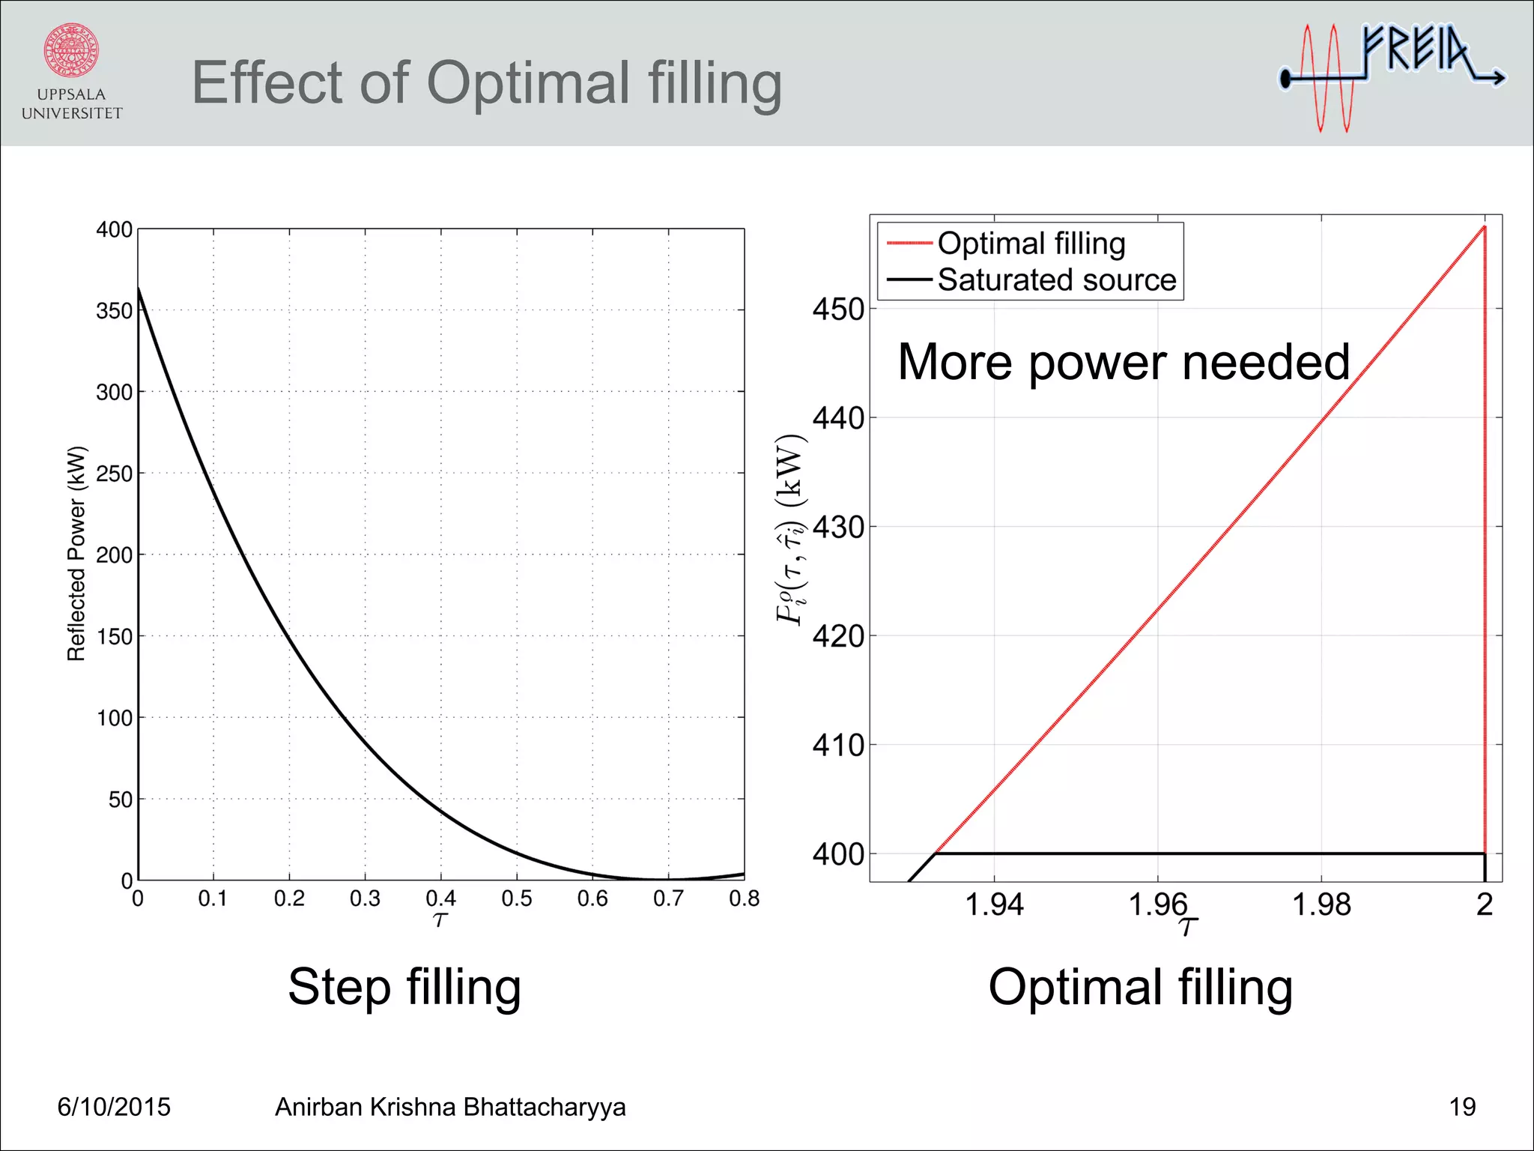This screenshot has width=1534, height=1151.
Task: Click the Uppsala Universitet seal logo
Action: (71, 50)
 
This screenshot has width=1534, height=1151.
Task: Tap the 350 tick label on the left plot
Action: (114, 311)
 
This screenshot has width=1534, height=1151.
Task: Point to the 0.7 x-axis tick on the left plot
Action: (668, 898)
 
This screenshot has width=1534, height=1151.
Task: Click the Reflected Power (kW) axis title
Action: (76, 554)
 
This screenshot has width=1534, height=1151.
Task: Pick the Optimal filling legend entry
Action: (1031, 244)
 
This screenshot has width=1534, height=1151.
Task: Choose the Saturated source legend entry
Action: (1056, 280)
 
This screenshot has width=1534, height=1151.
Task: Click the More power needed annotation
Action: (1123, 362)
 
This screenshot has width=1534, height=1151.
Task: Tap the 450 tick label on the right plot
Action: (838, 309)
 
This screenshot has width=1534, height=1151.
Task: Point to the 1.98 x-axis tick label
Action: (1321, 905)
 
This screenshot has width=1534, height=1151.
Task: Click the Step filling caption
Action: (404, 987)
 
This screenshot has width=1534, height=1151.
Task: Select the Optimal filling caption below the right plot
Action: (1140, 987)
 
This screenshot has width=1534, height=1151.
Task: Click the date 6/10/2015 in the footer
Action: (114, 1107)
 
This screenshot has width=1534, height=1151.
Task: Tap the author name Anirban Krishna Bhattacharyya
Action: (450, 1107)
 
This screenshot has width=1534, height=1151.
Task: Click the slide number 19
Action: (1461, 1107)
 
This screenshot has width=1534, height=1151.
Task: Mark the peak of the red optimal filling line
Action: (1485, 226)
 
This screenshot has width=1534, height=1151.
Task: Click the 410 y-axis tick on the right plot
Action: (838, 746)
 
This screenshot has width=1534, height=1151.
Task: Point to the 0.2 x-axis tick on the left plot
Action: (289, 898)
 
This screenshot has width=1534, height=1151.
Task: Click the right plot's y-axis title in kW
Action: (790, 529)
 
